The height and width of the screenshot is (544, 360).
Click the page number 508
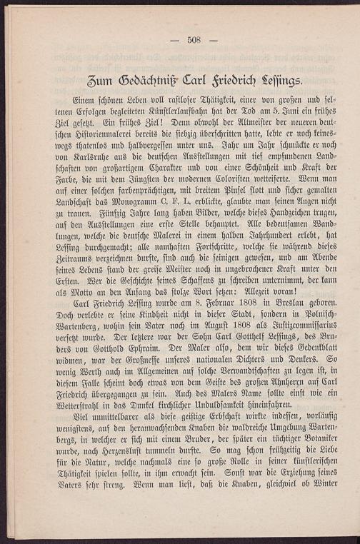pyautogui.click(x=194, y=40)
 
